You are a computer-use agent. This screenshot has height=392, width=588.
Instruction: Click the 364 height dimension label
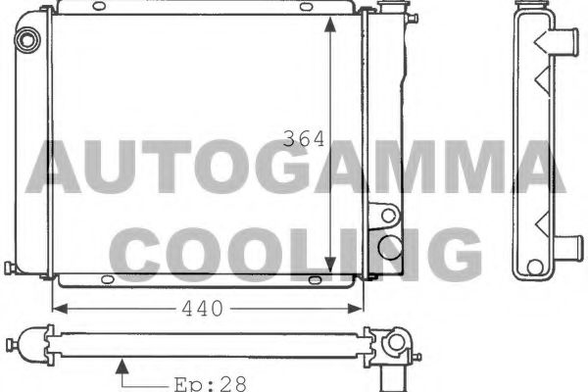(304, 139)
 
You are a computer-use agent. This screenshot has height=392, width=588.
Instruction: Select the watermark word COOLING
(294, 253)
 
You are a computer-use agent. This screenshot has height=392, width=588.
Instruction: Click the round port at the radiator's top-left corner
(26, 40)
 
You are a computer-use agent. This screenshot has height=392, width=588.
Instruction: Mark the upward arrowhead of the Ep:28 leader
(122, 367)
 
